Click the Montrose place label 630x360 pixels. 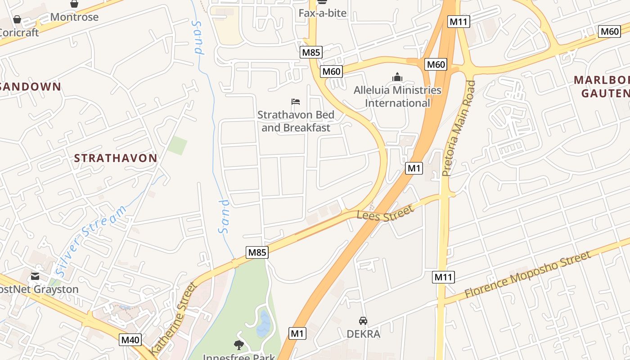74,17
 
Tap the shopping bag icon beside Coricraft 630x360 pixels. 17,19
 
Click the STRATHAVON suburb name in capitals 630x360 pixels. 116,158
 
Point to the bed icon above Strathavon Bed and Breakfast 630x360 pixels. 296,102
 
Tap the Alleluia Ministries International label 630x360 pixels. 397,96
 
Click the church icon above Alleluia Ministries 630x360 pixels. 397,77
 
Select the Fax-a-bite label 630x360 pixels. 323,13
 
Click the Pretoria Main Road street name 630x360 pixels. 458,128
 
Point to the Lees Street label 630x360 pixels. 385,213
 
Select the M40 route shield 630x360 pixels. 130,340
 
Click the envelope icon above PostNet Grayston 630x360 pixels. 35,276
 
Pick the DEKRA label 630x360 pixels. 363,334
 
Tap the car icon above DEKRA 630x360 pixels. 363,321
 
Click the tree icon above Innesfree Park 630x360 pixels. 238,345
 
